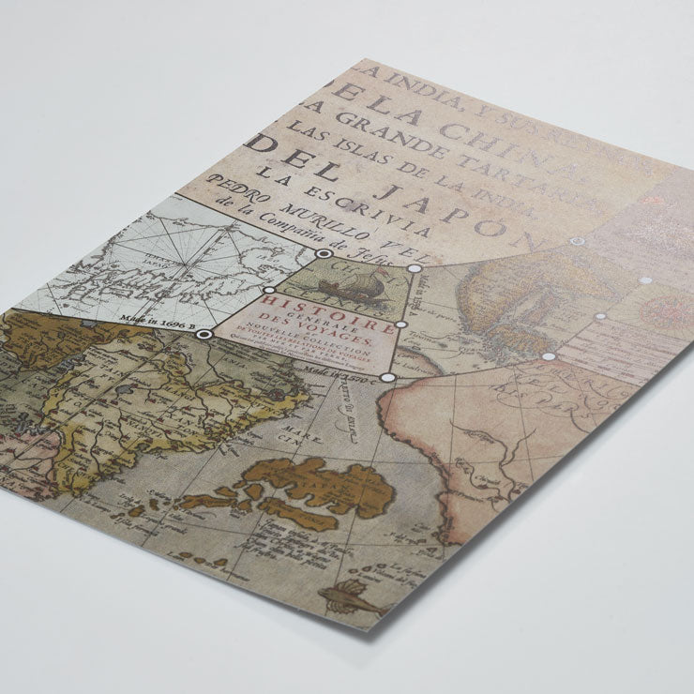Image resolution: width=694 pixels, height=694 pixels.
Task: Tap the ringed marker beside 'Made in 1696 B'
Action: click(204, 333)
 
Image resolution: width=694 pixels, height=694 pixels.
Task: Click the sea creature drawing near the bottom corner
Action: click(351, 596)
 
